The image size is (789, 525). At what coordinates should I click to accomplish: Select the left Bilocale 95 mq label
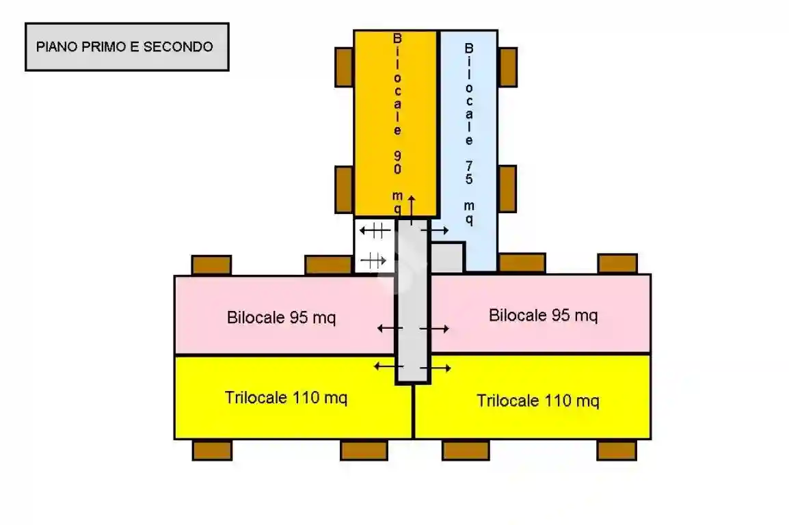(x=281, y=318)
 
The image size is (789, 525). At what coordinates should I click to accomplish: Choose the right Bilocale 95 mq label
(x=543, y=315)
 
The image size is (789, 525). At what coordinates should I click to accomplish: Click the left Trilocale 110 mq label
(x=286, y=398)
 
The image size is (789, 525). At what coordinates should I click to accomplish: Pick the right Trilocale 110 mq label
(x=537, y=401)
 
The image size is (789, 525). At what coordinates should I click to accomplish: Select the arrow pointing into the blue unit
(x=435, y=231)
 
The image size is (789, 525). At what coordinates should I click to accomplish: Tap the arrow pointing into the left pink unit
(x=390, y=329)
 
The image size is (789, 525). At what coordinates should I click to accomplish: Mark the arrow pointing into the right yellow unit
(x=436, y=369)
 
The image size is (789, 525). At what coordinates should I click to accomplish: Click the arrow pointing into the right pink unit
(x=434, y=329)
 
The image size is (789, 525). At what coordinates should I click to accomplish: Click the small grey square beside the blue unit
(x=447, y=258)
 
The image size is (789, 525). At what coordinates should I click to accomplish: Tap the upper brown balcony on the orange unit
(x=344, y=67)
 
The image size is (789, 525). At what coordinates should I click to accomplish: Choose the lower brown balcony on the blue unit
(x=507, y=188)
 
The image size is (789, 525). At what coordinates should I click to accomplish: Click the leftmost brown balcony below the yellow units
(x=212, y=450)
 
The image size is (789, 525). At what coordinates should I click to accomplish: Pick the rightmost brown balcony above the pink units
(x=617, y=264)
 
